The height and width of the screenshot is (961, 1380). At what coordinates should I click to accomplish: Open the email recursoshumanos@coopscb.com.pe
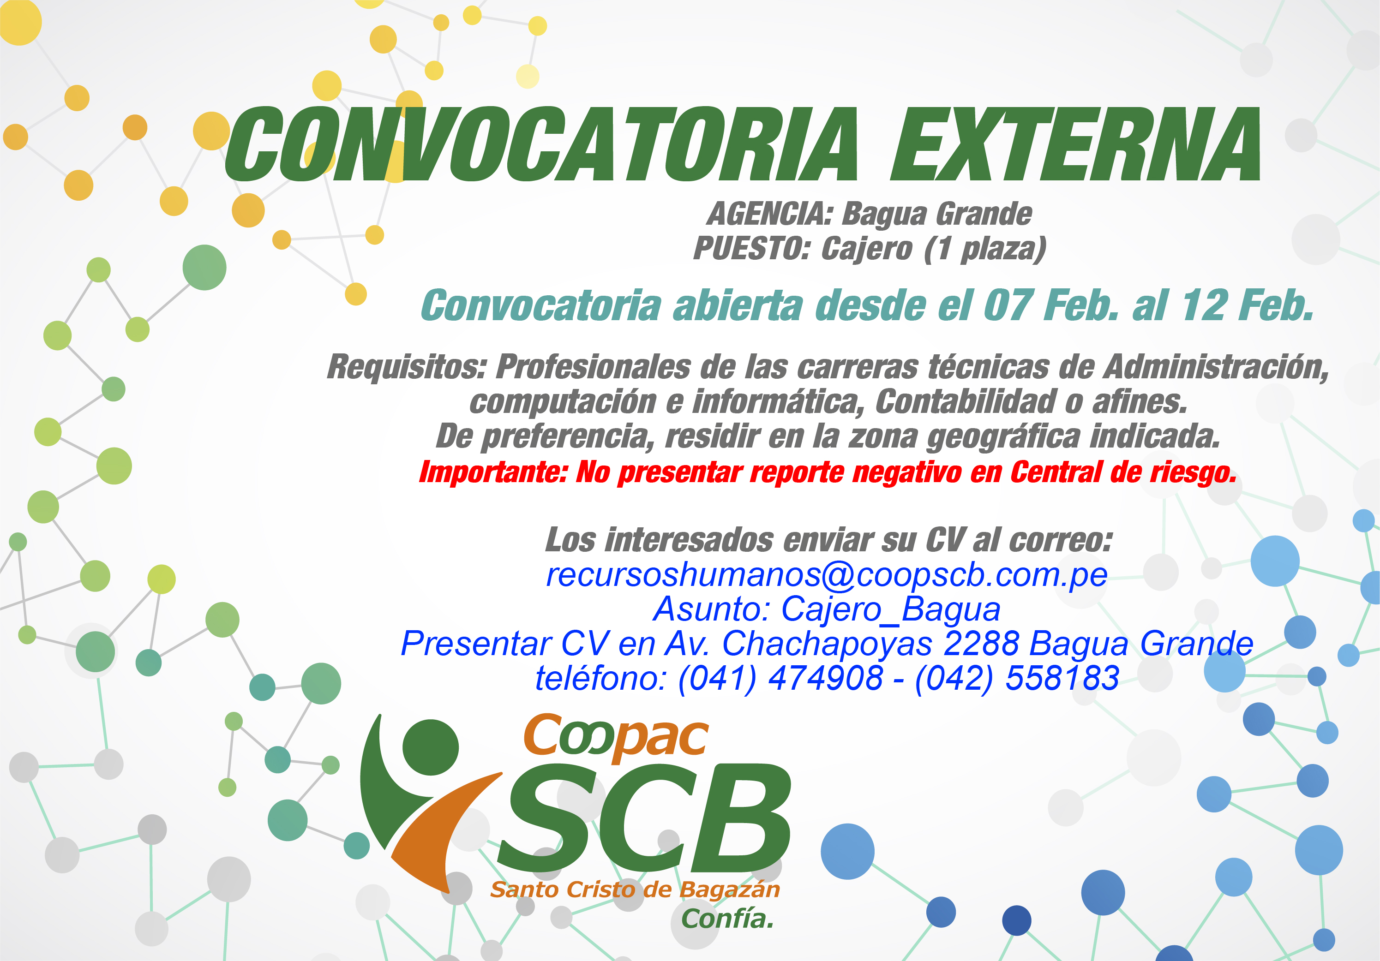click(x=827, y=575)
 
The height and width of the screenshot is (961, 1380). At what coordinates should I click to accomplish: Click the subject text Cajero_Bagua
click(x=891, y=609)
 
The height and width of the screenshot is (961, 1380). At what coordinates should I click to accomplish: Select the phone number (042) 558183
click(x=1017, y=678)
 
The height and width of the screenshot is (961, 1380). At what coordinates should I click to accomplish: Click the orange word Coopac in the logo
click(x=616, y=738)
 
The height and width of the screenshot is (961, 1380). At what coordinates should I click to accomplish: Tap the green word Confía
click(x=727, y=919)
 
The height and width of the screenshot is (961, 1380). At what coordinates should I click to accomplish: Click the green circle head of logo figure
click(x=430, y=747)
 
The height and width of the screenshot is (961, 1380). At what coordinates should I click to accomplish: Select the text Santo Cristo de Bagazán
click(x=635, y=889)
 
